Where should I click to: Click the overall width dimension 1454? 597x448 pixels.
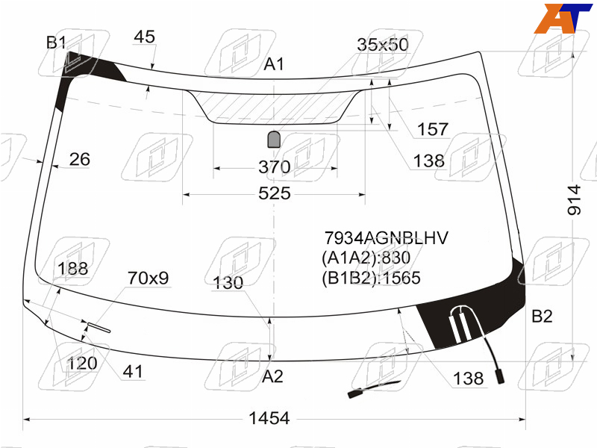click(269, 418)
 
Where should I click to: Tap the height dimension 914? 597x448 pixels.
click(574, 200)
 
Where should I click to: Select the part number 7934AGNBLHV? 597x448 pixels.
click(386, 238)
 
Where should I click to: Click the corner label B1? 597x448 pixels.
click(56, 43)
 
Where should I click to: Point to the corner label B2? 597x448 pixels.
click(542, 316)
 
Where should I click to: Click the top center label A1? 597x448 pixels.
click(274, 64)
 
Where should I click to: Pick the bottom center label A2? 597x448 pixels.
click(272, 376)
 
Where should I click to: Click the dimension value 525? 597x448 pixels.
click(274, 193)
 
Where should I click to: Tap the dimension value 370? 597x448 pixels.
click(274, 167)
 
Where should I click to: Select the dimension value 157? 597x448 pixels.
click(433, 129)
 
